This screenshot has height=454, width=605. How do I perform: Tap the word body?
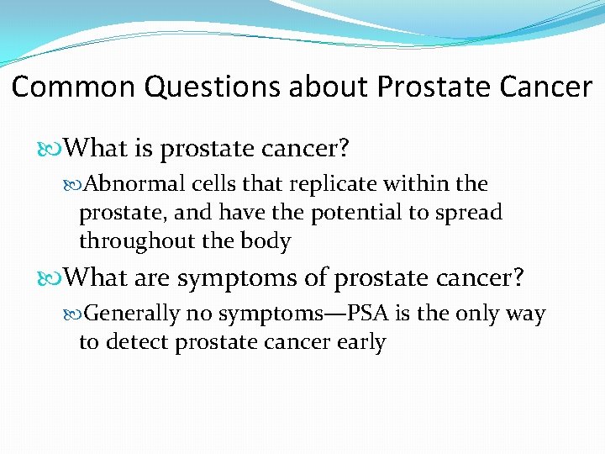266,242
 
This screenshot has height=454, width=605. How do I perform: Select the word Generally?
133,314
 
